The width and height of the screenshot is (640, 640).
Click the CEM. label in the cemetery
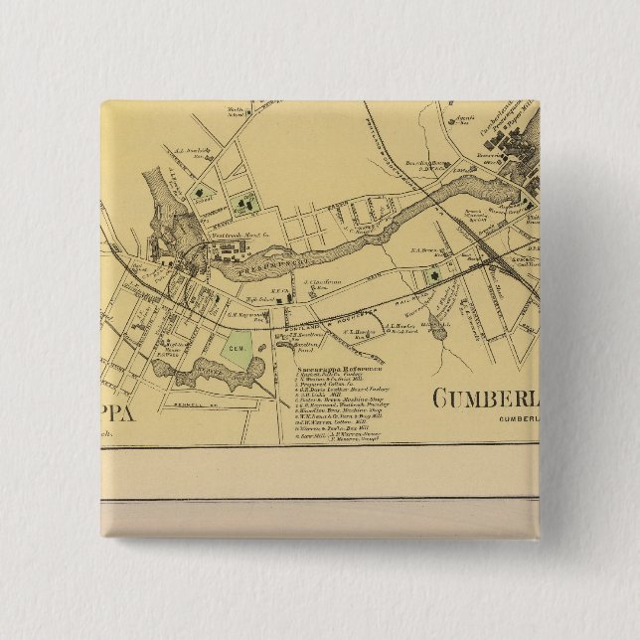pos(238,350)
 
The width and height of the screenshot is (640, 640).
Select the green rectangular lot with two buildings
pos(244,204)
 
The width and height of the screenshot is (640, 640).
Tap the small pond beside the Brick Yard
pos(434,327)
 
